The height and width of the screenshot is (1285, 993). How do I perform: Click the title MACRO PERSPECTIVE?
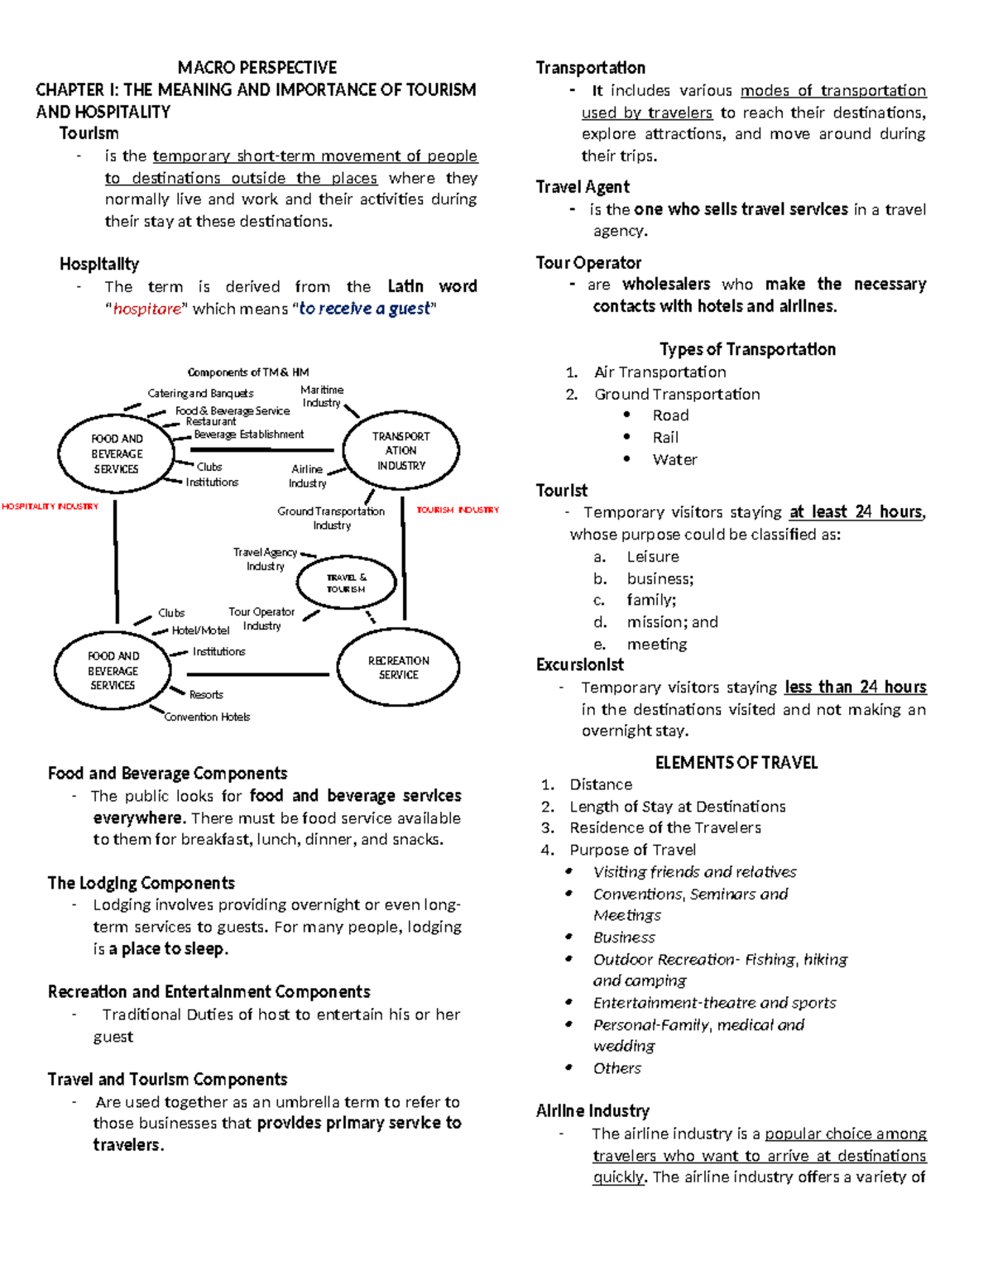pos(257,68)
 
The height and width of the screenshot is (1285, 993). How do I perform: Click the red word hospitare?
pos(146,309)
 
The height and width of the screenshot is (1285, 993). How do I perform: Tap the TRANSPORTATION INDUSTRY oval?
pos(401,451)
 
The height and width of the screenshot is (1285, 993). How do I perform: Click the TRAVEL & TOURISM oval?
pos(346,583)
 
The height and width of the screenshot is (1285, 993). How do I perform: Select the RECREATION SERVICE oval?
pos(398,668)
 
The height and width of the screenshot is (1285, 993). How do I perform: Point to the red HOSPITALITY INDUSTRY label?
pos(50,506)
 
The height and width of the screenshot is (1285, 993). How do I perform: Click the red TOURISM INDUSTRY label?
pos(458,511)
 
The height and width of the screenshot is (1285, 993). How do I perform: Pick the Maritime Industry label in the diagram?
pos(322,396)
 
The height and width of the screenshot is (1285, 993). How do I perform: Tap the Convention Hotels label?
pos(207,717)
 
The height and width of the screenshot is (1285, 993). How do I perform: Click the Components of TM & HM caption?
pos(248,372)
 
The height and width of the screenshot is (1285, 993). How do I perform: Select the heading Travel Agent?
pos(583,187)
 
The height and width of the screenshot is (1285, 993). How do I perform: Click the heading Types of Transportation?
pos(747,349)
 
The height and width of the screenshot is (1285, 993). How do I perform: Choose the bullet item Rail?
pos(665,438)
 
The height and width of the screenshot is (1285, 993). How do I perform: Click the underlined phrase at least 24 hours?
pos(856,512)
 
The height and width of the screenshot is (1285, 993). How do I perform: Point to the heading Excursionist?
pos(579,665)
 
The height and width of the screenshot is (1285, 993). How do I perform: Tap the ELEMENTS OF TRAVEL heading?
pos(736,763)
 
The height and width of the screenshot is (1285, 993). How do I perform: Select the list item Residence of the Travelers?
pos(665,828)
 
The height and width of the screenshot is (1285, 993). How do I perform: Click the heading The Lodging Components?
pos(142,883)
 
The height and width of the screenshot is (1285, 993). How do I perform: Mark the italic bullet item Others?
pos(616,1068)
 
